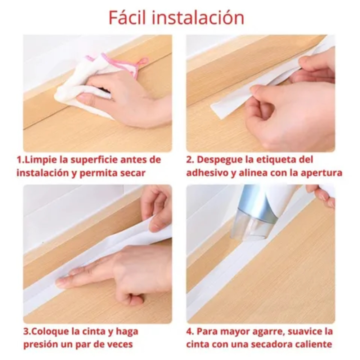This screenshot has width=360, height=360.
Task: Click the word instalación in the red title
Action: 198,17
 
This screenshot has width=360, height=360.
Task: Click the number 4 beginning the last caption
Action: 189,332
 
